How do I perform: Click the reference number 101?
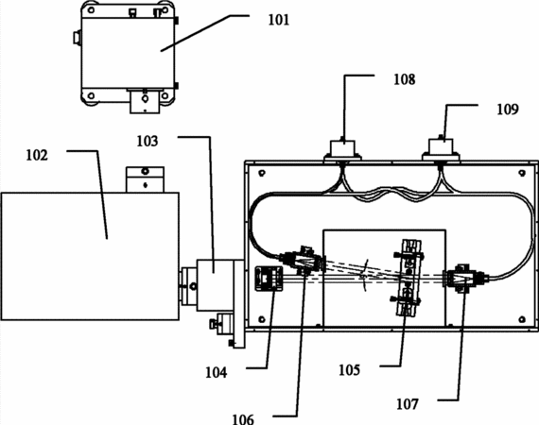pyautogui.click(x=279, y=20)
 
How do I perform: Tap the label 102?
pyautogui.click(x=37, y=156)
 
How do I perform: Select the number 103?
pyautogui.click(x=148, y=141)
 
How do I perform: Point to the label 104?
pyautogui.click(x=217, y=372)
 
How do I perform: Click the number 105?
pyautogui.click(x=350, y=370)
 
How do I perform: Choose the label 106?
pyautogui.click(x=243, y=419)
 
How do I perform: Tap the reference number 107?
pyautogui.click(x=408, y=404)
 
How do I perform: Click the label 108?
pyautogui.click(x=405, y=79)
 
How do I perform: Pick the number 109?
pyautogui.click(x=508, y=110)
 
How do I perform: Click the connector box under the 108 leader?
pyautogui.click(x=342, y=149)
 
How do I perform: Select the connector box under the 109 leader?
pyautogui.click(x=441, y=149)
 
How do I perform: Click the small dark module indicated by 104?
pyautogui.click(x=269, y=279)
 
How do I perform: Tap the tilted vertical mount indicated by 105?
pyautogui.click(x=409, y=278)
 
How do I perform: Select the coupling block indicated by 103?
pyautogui.click(x=216, y=284)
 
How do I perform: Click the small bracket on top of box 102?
pyautogui.click(x=145, y=179)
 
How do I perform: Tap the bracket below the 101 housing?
pyautogui.click(x=145, y=101)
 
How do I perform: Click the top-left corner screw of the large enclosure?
pyautogui.click(x=262, y=172)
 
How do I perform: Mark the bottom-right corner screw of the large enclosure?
pyautogui.click(x=522, y=319)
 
